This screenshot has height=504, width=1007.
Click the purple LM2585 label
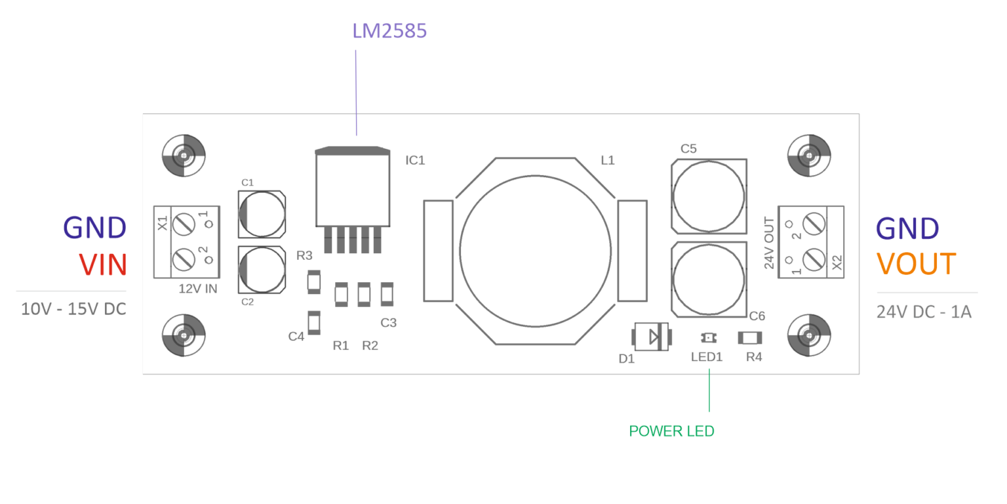click(x=389, y=30)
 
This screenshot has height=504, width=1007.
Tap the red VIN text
click(x=102, y=264)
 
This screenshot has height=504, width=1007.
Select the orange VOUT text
click(x=917, y=264)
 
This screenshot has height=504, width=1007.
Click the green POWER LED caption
click(x=671, y=431)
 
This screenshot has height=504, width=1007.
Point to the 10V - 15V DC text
click(x=73, y=309)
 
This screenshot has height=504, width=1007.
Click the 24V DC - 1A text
click(x=924, y=312)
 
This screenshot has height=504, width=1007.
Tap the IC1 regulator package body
click(x=353, y=190)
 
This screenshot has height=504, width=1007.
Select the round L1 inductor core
click(x=535, y=251)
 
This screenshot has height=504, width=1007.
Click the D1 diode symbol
click(x=651, y=337)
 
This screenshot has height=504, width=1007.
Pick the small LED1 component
click(x=708, y=337)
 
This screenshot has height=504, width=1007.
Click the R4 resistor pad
click(x=750, y=338)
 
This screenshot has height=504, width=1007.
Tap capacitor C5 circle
click(x=709, y=195)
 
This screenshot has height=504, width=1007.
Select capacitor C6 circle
click(x=709, y=278)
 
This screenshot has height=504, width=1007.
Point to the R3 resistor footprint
click(x=314, y=282)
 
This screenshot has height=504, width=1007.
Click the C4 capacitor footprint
click(x=314, y=322)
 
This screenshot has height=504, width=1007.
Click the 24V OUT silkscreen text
click(x=770, y=243)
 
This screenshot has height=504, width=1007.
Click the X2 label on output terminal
click(x=837, y=262)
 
